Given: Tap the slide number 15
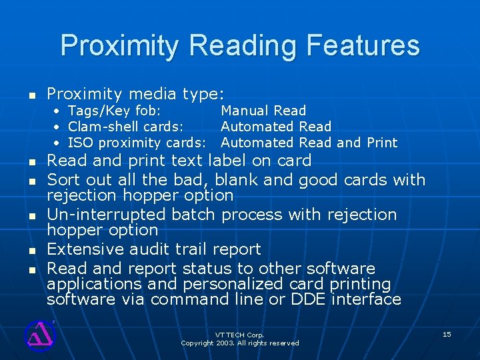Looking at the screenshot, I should [x=447, y=334].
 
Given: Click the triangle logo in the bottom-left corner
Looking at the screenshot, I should [x=39, y=334].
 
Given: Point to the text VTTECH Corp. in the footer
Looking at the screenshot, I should [x=239, y=335].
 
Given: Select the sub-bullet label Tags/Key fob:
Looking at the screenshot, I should [x=114, y=111].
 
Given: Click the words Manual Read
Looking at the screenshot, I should [x=263, y=111].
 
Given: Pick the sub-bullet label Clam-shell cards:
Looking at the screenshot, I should [x=126, y=127].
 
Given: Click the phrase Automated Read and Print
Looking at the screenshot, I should [x=309, y=143].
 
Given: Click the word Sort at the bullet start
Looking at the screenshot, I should [x=63, y=180].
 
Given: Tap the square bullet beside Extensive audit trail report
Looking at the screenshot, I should [x=31, y=251].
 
